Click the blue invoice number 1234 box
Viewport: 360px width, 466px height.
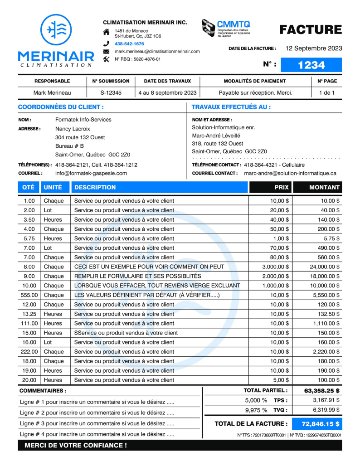[311, 65]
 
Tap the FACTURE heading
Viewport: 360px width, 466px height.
[311, 30]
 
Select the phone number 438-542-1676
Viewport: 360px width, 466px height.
[129, 44]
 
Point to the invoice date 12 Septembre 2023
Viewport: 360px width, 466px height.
[314, 49]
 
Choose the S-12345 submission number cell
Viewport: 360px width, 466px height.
[111, 93]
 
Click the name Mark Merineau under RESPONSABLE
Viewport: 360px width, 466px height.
[52, 93]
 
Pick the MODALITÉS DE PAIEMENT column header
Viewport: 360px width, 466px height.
[255, 81]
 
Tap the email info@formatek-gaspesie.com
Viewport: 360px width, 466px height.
[91, 173]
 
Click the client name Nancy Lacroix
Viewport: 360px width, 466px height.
[73, 129]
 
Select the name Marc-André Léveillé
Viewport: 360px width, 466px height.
[216, 136]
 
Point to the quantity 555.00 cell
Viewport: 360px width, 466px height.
[29, 295]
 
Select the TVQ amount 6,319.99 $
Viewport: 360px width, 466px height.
[326, 410]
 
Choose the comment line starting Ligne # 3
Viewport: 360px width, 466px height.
[97, 424]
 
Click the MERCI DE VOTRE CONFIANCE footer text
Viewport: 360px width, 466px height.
[76, 446]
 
